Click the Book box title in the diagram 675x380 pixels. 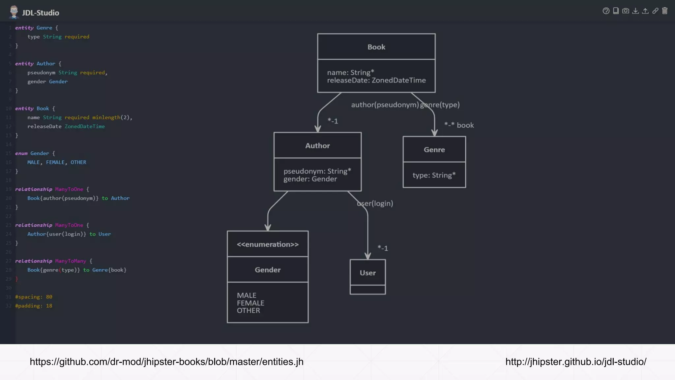pyautogui.click(x=376, y=47)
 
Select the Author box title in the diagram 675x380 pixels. pyautogui.click(x=317, y=145)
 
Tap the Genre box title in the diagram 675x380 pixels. pyautogui.click(x=434, y=149)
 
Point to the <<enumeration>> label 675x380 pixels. pyautogui.click(x=268, y=244)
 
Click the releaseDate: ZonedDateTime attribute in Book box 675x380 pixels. pyautogui.click(x=376, y=80)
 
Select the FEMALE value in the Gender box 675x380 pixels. pyautogui.click(x=250, y=303)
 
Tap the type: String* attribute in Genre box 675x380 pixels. pyautogui.click(x=434, y=175)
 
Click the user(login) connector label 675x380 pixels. pyautogui.click(x=375, y=203)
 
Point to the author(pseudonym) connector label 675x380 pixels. pyautogui.click(x=385, y=105)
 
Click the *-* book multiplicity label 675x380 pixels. pyautogui.click(x=459, y=125)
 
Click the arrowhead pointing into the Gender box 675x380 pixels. pyautogui.click(x=268, y=227)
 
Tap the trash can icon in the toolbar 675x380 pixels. pyautogui.click(x=665, y=11)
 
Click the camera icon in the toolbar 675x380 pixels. pyautogui.click(x=626, y=11)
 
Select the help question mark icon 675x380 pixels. pyautogui.click(x=606, y=11)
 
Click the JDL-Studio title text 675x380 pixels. pyautogui.click(x=41, y=13)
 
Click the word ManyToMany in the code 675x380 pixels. pyautogui.click(x=71, y=261)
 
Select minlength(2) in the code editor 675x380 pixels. pyautogui.click(x=112, y=117)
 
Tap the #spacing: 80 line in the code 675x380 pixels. pyautogui.click(x=34, y=297)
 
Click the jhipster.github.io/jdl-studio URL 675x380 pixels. pyautogui.click(x=576, y=362)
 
